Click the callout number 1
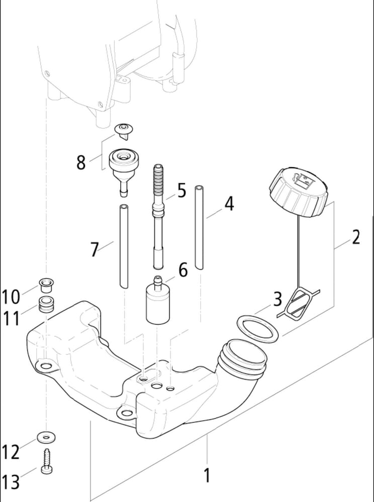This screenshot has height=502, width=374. pyautogui.click(x=207, y=475)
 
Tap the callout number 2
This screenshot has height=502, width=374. pyautogui.click(x=356, y=236)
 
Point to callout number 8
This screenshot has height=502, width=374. pyautogui.click(x=81, y=162)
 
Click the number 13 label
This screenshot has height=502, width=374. pyautogui.click(x=11, y=481)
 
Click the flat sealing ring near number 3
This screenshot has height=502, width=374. pyautogui.click(x=257, y=329)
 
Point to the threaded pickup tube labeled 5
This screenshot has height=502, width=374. pyautogui.click(x=158, y=216)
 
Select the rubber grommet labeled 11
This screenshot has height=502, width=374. pyautogui.click(x=47, y=304)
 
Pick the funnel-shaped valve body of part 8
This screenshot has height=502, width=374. pyautogui.click(x=122, y=168)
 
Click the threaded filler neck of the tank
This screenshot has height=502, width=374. pyautogui.click(x=243, y=359)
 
